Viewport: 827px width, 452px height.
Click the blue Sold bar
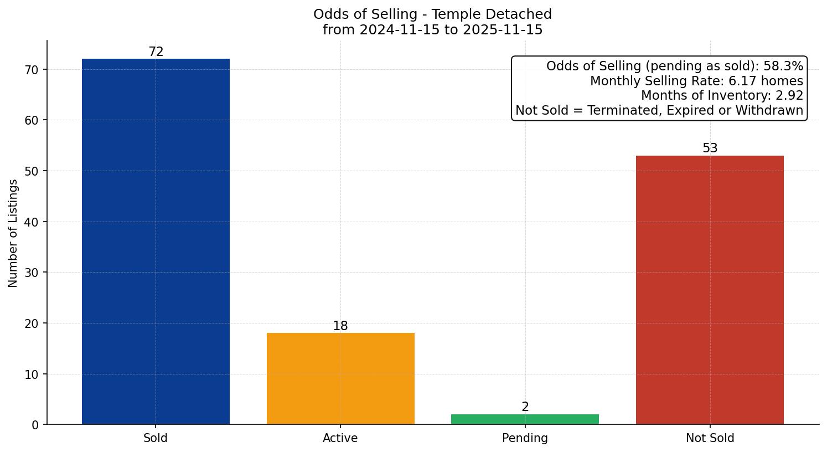coord(156,242)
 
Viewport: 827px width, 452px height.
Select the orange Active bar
coord(340,378)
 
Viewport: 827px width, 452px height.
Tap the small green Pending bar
coord(525,419)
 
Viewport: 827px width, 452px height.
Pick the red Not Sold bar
coord(710,290)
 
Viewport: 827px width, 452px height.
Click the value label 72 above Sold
coord(156,52)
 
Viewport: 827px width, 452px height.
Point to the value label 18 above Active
coord(340,326)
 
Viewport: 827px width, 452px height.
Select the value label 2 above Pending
coord(525,407)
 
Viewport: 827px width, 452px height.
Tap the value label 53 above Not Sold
coord(710,148)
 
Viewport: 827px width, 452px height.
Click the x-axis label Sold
coord(156,438)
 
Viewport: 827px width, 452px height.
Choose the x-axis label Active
coord(340,438)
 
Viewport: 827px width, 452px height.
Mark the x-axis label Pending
coord(525,438)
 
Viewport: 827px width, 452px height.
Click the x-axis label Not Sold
coord(710,438)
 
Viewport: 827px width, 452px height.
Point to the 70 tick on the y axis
coord(32,70)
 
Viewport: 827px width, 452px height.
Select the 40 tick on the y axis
coord(32,222)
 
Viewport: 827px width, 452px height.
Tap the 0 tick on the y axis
coord(35,425)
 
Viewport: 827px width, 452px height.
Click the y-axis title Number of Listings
coord(13,233)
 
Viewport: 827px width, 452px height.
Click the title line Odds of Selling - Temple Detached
coord(432,14)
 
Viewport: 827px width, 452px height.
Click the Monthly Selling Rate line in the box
coord(696,81)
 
